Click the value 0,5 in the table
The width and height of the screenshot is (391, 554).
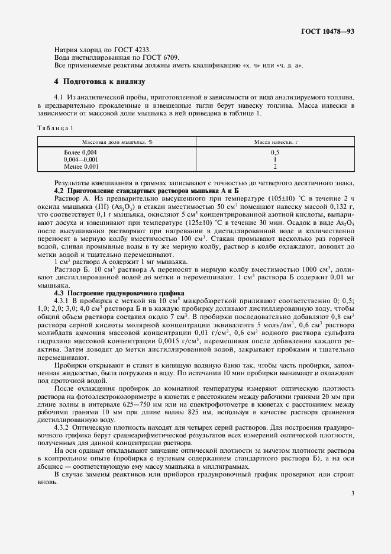tap(274, 153)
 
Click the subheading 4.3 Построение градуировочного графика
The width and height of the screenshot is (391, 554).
tap(119, 293)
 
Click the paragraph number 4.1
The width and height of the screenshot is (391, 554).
tap(59, 96)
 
